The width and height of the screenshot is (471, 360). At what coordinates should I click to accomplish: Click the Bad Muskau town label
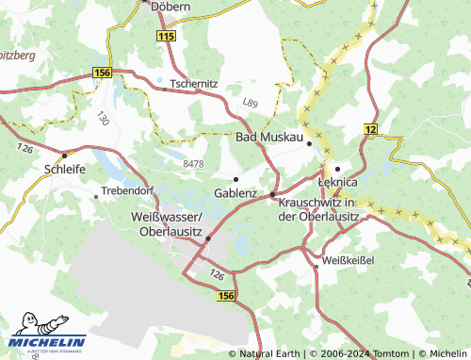[x=268, y=139]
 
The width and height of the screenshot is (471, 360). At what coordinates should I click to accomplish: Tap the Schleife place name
[x=65, y=170]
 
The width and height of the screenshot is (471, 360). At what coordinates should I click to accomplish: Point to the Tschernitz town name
[x=195, y=83]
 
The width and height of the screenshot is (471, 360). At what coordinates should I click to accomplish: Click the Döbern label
[x=171, y=6]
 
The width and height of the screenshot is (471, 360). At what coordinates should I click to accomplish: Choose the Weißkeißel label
[x=349, y=259]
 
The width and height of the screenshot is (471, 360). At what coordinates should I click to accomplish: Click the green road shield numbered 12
[x=370, y=128]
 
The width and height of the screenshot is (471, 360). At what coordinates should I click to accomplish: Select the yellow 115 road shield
[x=166, y=35]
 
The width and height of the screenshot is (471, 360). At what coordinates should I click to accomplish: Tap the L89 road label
[x=250, y=102]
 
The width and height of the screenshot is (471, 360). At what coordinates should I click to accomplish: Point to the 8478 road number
[x=193, y=164]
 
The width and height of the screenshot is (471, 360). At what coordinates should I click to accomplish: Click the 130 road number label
[x=103, y=119]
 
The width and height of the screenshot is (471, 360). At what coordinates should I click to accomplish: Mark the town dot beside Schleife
[x=64, y=155]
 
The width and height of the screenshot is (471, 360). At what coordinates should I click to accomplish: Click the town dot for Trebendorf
[x=96, y=197]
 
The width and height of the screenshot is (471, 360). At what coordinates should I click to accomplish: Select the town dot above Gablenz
[x=235, y=178]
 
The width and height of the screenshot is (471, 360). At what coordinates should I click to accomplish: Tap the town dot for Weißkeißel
[x=317, y=266]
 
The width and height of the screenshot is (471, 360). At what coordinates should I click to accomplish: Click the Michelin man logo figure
[x=23, y=331]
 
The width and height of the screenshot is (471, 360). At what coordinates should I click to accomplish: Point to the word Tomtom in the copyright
[x=389, y=353]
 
